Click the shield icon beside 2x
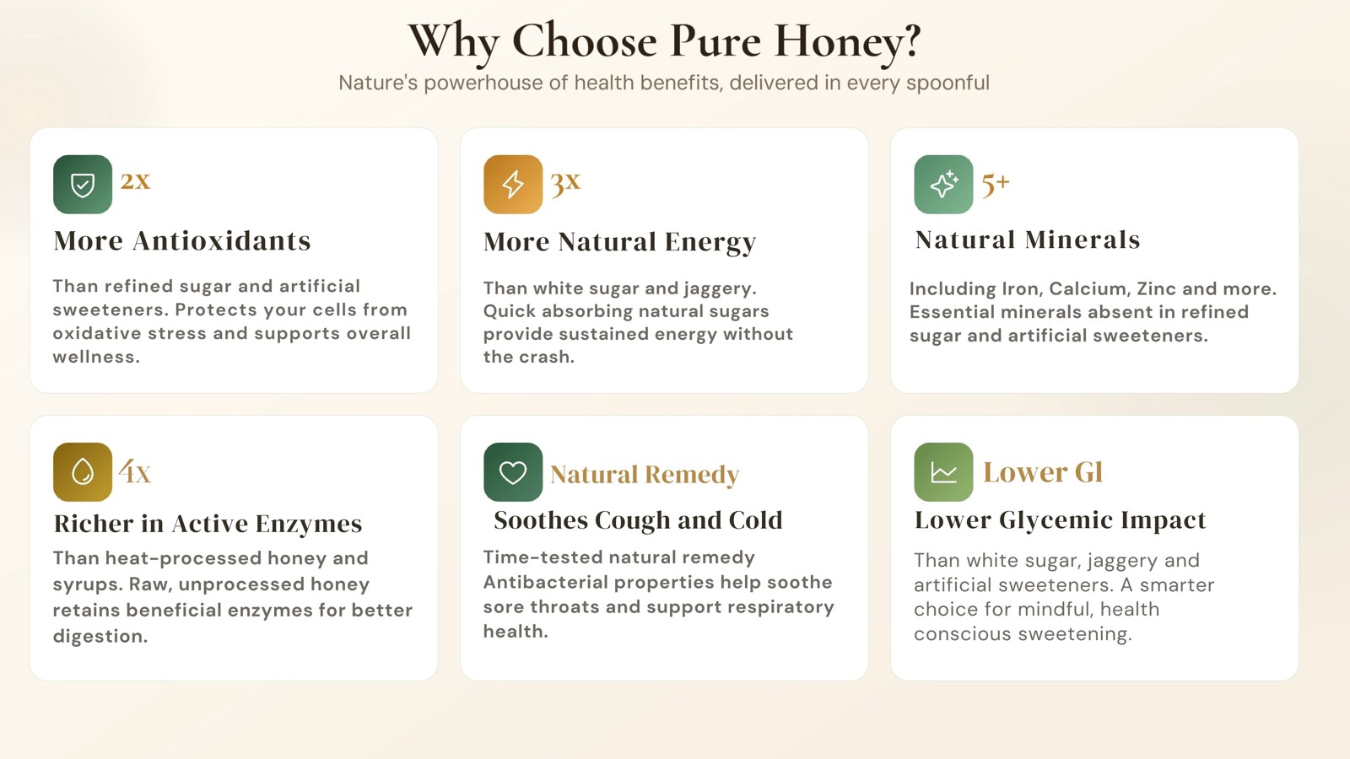coord(83,185)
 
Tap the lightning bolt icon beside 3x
coord(513,185)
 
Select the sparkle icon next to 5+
coord(943,185)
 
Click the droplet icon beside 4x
coord(83,471)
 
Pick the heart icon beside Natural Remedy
coord(513,471)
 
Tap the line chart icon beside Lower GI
coord(943,471)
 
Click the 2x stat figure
coord(135,180)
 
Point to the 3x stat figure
coord(565,182)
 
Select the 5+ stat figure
coord(996,184)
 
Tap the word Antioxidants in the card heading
coord(222,240)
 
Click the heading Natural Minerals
coord(1028,240)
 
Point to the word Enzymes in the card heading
coord(309,525)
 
